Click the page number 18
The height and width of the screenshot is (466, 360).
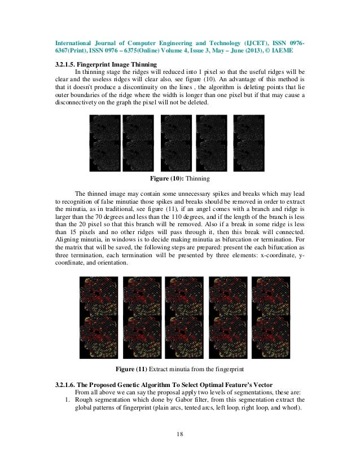tap(180, 434)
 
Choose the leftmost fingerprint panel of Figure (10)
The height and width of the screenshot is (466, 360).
tap(105, 143)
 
